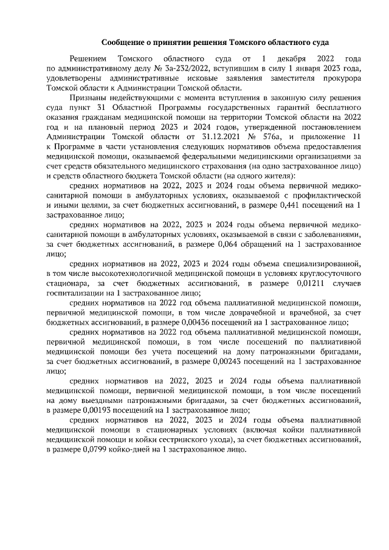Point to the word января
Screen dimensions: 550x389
(x=287, y=69)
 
